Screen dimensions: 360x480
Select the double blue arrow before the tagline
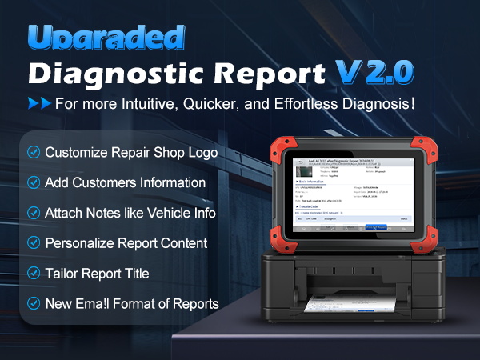click(39, 104)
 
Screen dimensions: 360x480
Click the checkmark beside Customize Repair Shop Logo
click(34, 152)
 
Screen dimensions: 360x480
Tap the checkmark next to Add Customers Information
click(34, 182)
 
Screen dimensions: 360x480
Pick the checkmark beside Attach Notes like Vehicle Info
click(34, 213)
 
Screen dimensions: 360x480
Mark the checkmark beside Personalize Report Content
click(34, 243)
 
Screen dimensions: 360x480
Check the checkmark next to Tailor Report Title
click(34, 274)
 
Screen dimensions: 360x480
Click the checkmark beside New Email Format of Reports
click(34, 304)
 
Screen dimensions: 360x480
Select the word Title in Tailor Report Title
click(134, 274)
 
